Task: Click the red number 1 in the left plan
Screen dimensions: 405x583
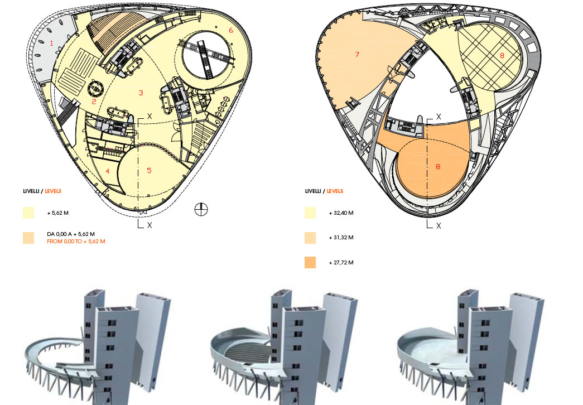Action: click(x=51, y=43)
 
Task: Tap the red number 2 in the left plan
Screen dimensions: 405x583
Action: click(x=94, y=101)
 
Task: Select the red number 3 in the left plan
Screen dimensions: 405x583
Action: click(x=141, y=93)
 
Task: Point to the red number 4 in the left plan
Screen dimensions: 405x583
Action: click(x=108, y=171)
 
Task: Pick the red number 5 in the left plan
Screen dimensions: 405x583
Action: click(x=149, y=170)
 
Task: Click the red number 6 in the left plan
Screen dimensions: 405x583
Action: click(x=230, y=30)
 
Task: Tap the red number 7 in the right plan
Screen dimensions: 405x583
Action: click(x=356, y=54)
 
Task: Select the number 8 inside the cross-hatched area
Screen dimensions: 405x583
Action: click(x=502, y=55)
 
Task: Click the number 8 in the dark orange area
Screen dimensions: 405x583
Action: click(x=438, y=166)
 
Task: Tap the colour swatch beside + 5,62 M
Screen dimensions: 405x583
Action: click(x=28, y=213)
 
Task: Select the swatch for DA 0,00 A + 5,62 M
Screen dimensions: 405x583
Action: click(x=28, y=238)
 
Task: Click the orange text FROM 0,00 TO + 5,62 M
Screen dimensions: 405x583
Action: click(x=76, y=241)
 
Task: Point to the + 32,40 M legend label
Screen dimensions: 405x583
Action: click(x=342, y=213)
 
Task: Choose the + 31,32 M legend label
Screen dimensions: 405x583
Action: click(x=342, y=237)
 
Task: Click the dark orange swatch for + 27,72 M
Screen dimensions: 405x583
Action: click(x=310, y=262)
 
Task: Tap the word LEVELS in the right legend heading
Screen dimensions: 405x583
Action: click(x=335, y=191)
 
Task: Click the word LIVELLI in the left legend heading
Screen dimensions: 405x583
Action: click(x=31, y=191)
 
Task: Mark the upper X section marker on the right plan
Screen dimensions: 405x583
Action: click(x=439, y=117)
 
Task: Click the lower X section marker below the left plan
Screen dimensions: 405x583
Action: click(x=150, y=225)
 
